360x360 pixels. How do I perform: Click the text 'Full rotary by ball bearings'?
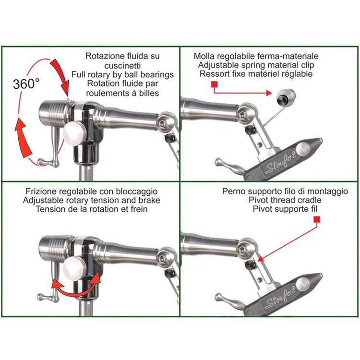pos(122,74)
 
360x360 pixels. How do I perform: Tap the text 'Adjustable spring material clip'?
pos(256,65)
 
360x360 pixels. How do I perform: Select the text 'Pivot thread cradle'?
pos(285,200)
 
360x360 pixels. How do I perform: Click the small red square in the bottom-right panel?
pos(317,220)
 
